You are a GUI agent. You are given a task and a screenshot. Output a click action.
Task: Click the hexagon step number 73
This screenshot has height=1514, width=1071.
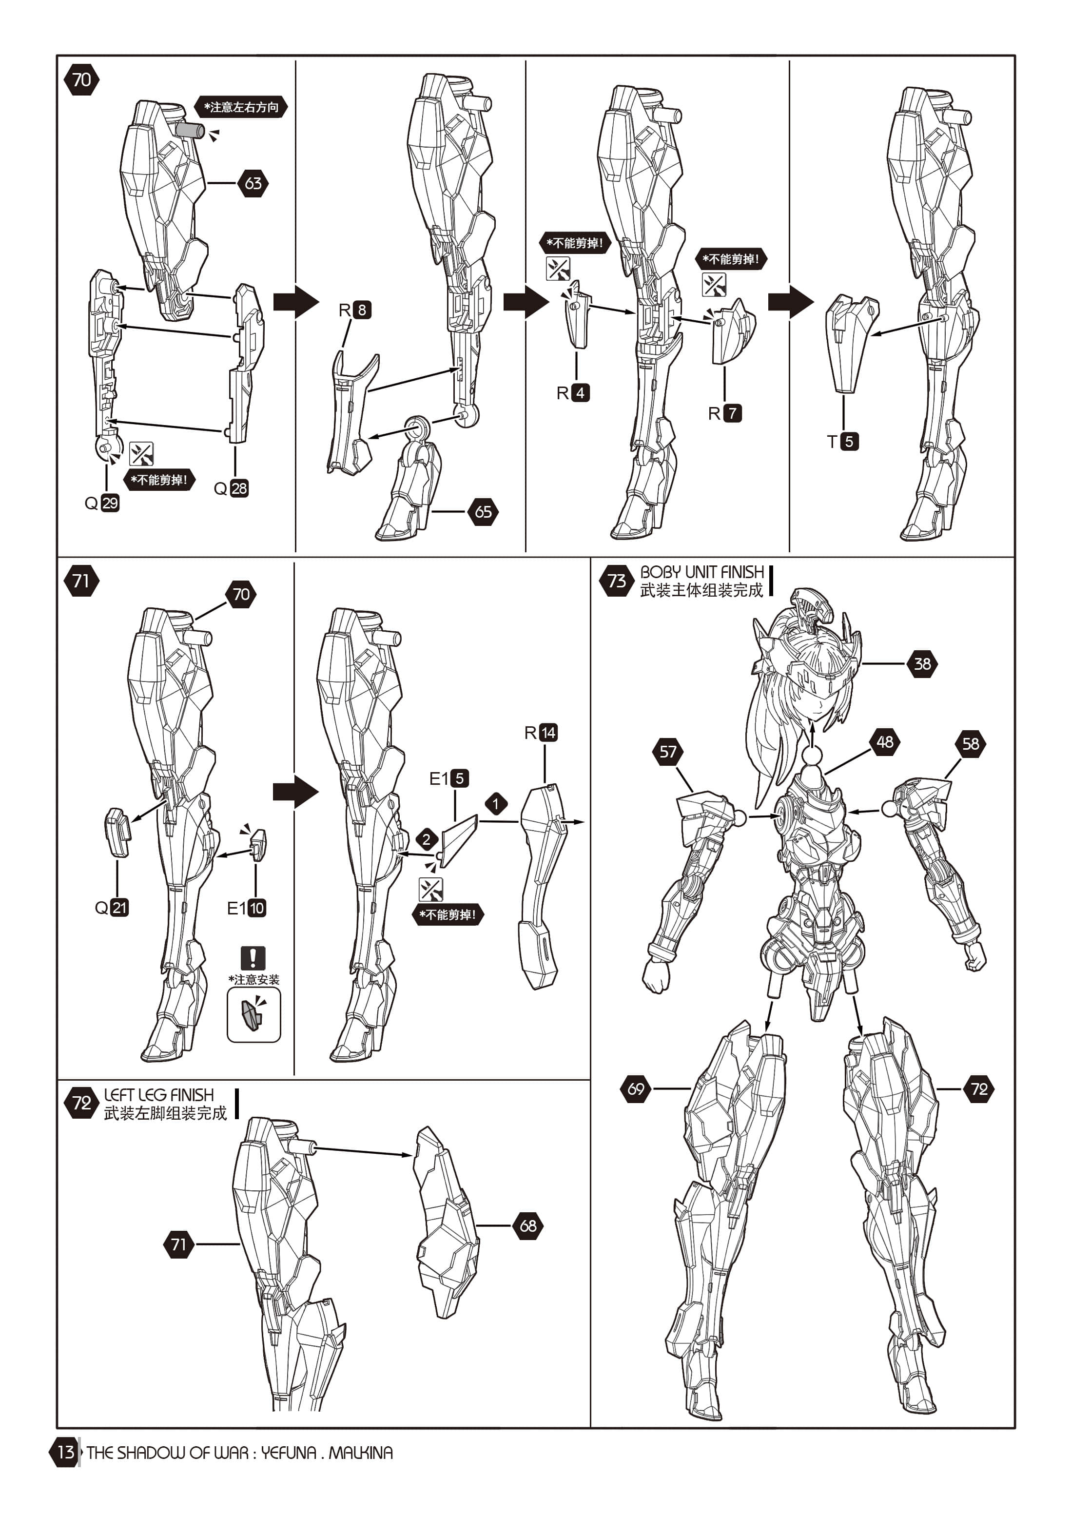616,581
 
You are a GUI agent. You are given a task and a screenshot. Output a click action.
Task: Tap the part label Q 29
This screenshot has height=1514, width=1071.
102,503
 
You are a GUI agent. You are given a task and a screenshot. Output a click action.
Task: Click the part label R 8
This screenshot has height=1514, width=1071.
355,310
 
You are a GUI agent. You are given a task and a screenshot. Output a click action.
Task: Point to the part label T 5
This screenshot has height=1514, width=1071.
843,441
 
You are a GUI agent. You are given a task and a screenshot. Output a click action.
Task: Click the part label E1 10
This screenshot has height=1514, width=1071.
246,908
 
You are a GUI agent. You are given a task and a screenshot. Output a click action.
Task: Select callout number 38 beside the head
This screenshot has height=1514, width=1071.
922,663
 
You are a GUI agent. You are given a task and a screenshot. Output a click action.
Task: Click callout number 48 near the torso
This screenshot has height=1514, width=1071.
884,742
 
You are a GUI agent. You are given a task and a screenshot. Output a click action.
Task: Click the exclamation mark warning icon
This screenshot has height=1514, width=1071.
253,957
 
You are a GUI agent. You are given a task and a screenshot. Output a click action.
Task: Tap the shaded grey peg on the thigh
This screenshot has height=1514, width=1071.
190,129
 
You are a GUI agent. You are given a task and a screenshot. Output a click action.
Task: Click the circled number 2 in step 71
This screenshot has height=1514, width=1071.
427,839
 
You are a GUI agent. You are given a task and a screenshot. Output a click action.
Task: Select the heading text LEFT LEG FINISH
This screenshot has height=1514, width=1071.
159,1095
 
